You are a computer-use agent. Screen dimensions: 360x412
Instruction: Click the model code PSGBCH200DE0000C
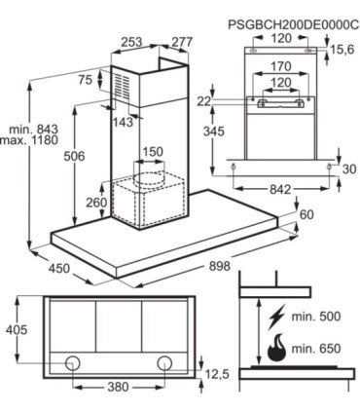294,24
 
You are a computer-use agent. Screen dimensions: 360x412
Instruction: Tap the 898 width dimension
220,266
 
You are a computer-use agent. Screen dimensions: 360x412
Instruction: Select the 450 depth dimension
59,268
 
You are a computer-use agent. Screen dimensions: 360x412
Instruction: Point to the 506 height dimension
74,156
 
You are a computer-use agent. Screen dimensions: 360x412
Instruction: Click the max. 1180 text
29,140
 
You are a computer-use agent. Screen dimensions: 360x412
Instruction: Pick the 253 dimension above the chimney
131,42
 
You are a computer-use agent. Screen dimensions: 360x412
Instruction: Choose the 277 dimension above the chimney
182,42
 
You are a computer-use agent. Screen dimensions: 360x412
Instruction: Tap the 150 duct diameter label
153,152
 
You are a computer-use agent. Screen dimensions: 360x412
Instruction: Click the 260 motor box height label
96,203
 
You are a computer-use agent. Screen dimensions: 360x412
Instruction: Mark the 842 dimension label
280,189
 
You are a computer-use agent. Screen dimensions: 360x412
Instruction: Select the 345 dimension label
214,131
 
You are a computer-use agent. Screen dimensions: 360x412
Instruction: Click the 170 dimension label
281,66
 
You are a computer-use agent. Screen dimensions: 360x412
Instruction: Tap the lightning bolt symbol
275,317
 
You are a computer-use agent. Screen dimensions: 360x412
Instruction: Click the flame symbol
276,350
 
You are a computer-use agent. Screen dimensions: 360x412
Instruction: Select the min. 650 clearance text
316,349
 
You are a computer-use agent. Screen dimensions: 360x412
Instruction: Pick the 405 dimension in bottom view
17,330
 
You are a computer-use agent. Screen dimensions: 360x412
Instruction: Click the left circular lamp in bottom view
73,363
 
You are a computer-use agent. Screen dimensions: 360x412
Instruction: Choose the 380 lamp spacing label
118,387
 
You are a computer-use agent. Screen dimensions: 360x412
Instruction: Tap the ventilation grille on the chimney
123,86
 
